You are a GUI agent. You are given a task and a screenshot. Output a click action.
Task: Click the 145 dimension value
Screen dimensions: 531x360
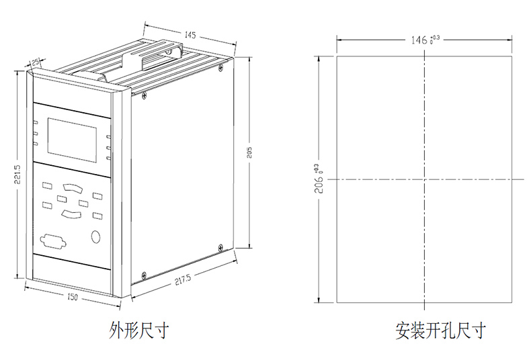tap(190, 35)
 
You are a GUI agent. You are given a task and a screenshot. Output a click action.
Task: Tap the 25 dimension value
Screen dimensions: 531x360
tap(35, 62)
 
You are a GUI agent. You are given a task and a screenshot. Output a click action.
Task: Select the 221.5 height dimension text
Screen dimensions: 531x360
tap(17, 174)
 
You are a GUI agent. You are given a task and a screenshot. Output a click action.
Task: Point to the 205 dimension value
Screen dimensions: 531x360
tap(249, 152)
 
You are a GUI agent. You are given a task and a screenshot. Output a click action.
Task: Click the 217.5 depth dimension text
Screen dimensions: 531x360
tap(183, 279)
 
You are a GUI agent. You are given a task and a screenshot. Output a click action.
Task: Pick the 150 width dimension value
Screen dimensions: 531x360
tap(72, 297)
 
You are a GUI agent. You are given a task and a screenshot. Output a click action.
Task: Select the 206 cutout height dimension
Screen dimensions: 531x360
tap(319, 179)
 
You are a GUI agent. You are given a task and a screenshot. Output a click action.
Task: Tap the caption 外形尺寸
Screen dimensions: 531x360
tap(139, 330)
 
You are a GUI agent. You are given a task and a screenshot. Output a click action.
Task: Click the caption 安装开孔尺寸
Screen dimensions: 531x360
tap(440, 330)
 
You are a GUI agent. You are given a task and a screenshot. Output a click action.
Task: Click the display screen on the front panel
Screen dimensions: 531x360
tap(72, 140)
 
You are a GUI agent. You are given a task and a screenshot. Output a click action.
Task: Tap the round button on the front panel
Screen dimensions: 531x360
tap(96, 236)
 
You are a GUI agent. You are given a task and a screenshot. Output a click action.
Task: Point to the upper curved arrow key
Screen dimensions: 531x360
tap(72, 188)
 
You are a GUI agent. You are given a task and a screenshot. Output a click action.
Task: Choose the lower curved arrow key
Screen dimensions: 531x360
tap(71, 214)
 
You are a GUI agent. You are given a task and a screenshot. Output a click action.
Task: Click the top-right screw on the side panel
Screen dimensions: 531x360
tap(220, 68)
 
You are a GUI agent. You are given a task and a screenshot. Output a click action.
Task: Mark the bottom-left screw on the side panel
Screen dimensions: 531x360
tap(144, 275)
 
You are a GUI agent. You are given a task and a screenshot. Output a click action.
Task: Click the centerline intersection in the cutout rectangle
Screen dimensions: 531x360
tap(424, 179)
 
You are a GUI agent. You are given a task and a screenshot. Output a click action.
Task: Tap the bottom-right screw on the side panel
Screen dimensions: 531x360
tap(220, 248)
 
